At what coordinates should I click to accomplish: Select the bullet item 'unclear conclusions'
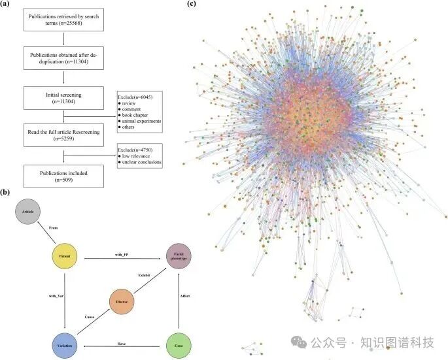coord(140,162)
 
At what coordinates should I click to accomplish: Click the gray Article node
coord(27,212)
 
